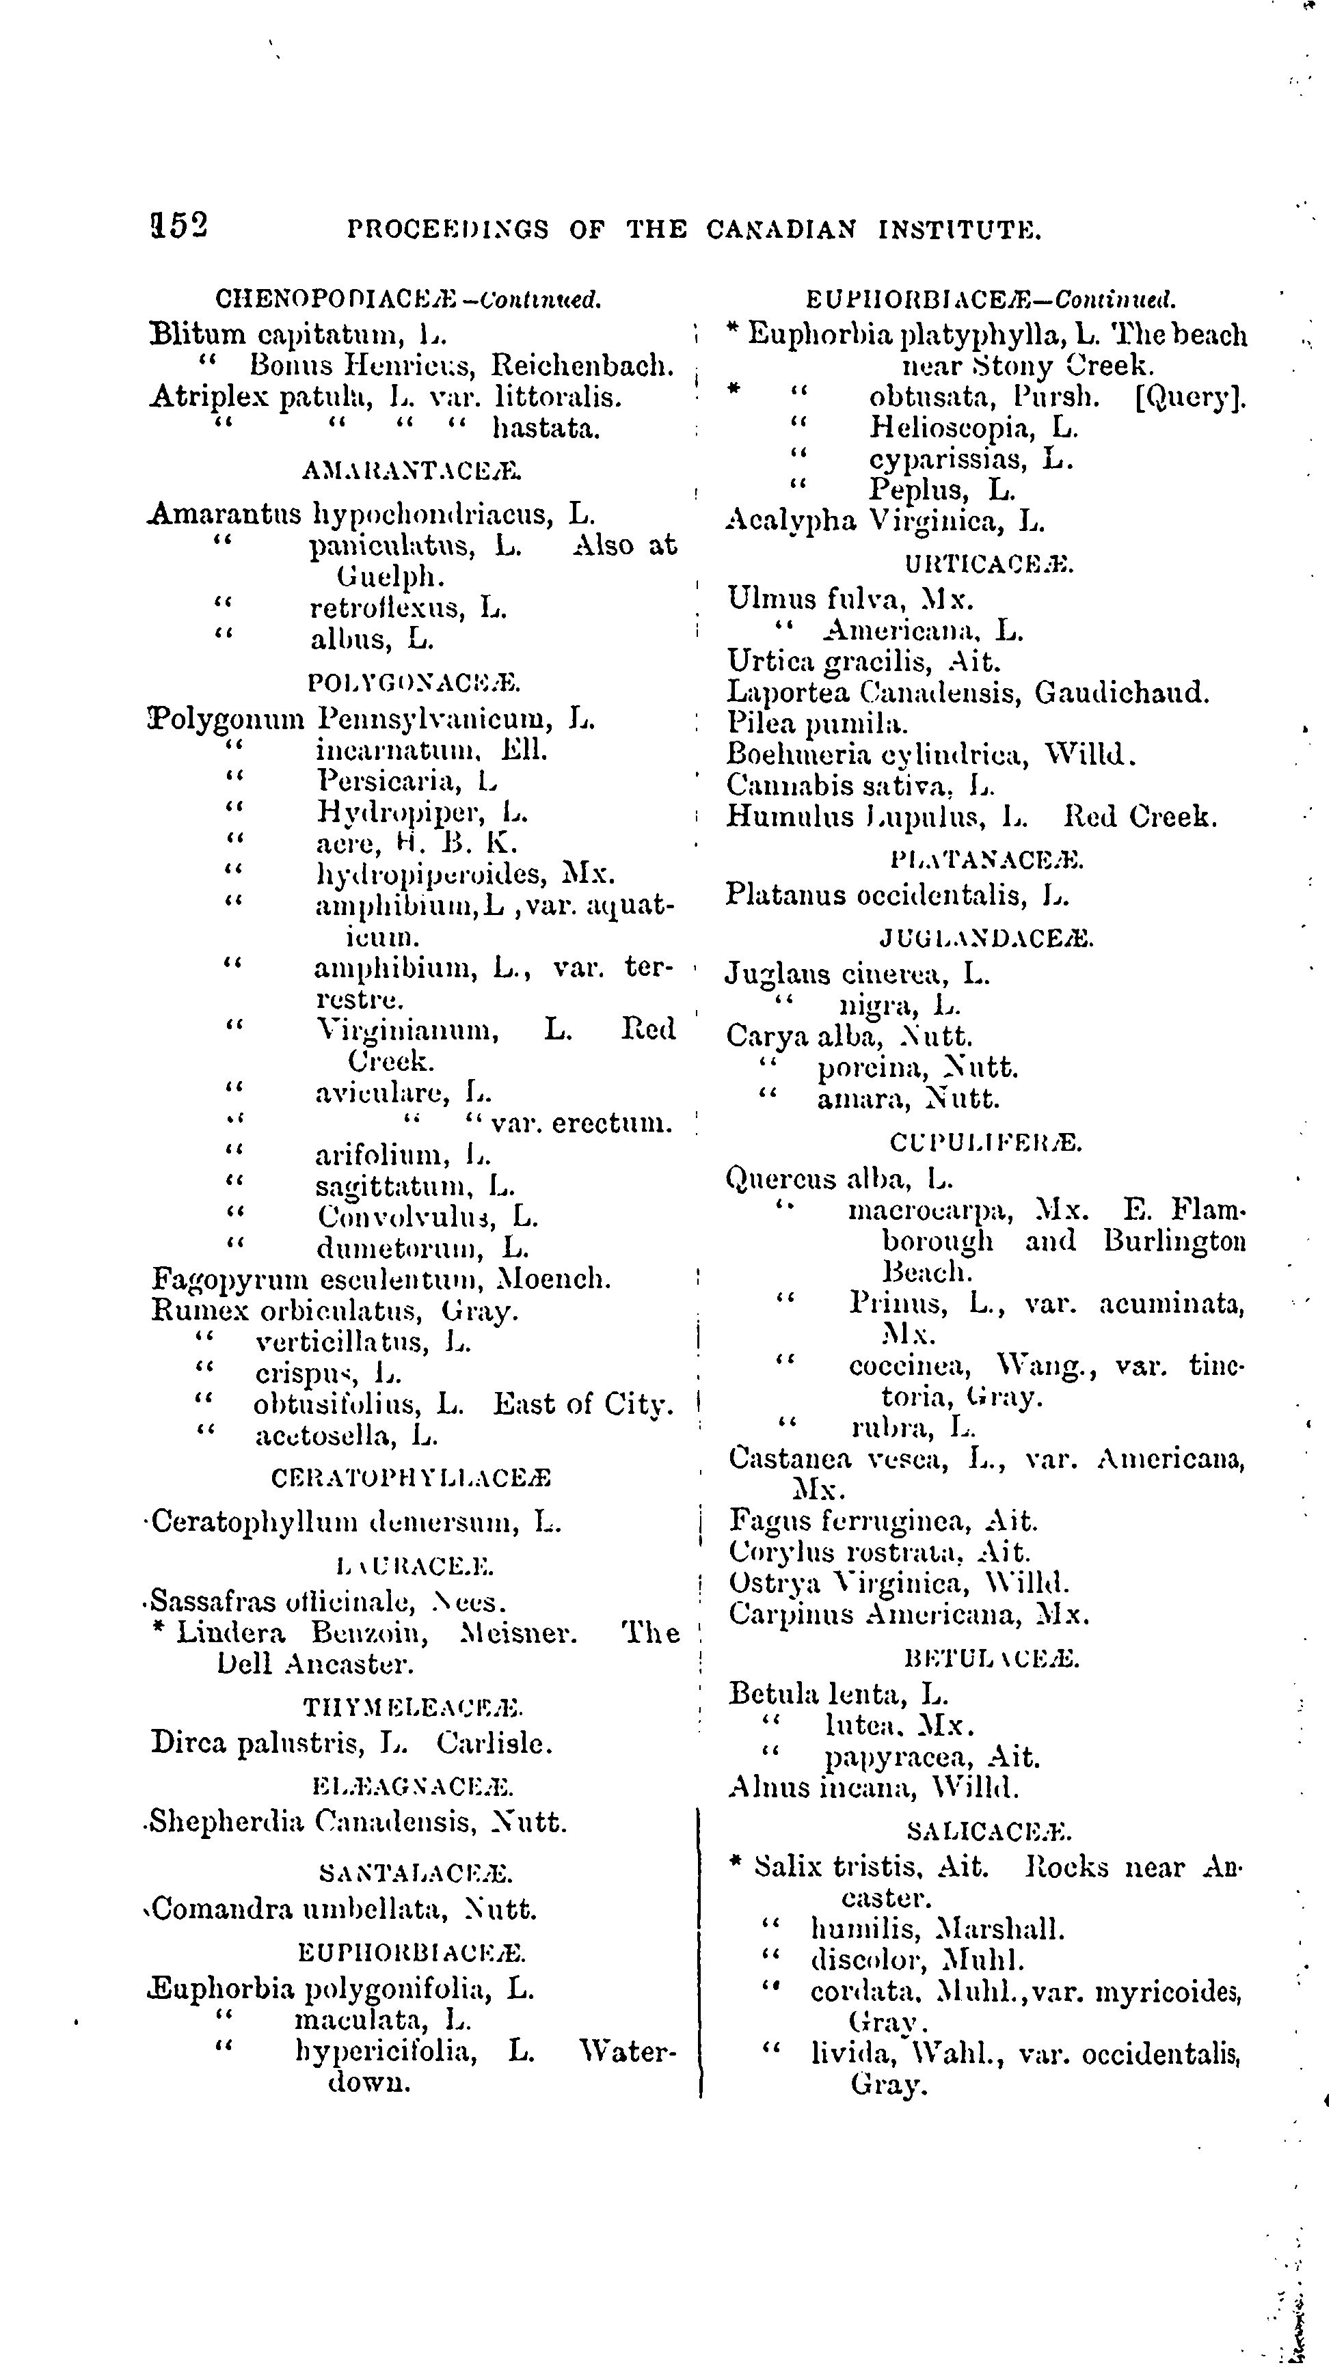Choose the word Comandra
(223, 1909)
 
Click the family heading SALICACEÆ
(989, 1831)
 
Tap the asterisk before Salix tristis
(735, 1863)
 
